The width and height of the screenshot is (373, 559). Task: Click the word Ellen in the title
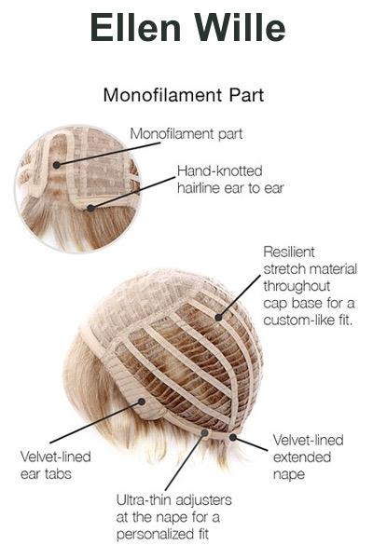[135, 27]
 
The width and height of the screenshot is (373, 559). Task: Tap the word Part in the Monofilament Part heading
[246, 95]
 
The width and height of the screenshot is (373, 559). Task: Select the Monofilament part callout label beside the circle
[186, 134]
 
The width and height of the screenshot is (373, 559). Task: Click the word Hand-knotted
[220, 171]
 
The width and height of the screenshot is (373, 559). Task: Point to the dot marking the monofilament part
[56, 165]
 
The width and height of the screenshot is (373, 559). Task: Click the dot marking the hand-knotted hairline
[91, 208]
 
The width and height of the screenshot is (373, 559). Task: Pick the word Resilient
[289, 252]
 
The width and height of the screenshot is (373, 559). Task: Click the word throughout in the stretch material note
[297, 286]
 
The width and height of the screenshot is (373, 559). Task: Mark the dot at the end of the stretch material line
[218, 317]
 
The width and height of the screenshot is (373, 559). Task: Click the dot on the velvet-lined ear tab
[142, 402]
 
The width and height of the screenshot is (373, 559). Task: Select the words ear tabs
[46, 474]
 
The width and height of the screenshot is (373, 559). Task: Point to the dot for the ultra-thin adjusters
[204, 433]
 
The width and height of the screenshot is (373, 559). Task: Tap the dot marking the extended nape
[233, 437]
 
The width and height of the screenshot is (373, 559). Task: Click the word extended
[302, 457]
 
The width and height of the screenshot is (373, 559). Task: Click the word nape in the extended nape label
[289, 475]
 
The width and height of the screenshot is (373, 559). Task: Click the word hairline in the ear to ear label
[199, 188]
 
